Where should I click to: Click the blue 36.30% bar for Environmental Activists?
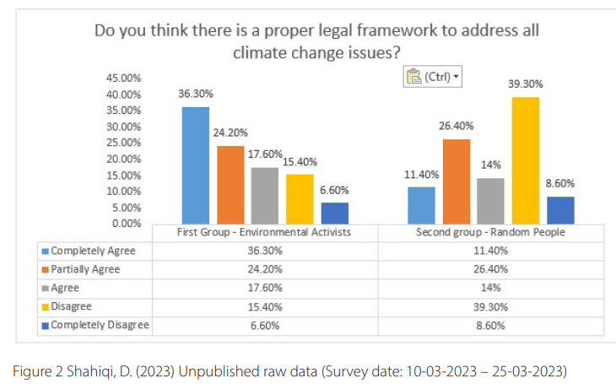[x=196, y=165]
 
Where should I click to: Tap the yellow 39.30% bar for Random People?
[x=525, y=159]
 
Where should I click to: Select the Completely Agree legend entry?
[x=93, y=251]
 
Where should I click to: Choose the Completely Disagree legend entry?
[x=100, y=325]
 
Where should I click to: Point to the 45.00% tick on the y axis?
[x=123, y=78]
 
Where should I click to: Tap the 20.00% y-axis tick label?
[x=123, y=159]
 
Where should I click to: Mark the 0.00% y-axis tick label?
[x=126, y=224]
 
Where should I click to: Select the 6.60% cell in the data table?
[x=264, y=325]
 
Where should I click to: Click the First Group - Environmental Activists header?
[x=264, y=232]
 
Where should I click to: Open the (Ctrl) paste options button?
[x=434, y=78]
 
